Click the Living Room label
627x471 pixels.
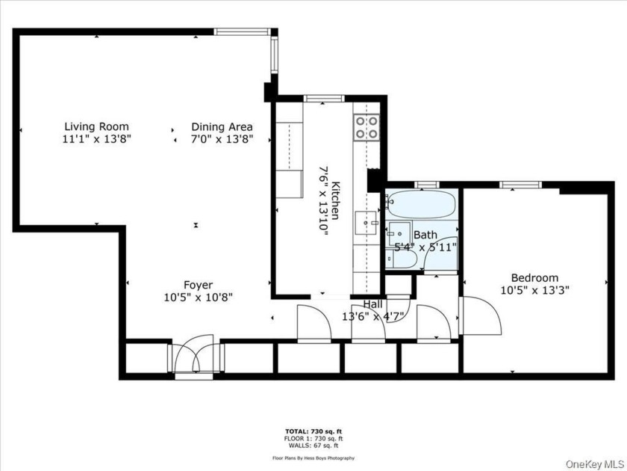(96, 126)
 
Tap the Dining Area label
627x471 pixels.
(222, 126)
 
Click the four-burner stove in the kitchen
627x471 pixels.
(366, 127)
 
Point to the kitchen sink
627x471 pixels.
(365, 221)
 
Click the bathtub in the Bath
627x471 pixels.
(420, 204)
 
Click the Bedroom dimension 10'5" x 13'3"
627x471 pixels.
(534, 290)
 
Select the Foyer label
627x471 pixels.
(199, 285)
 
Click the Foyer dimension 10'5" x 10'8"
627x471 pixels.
(199, 297)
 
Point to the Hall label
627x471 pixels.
(373, 304)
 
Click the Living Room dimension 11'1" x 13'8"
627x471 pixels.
(96, 139)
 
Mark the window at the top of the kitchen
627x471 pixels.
(324, 98)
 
